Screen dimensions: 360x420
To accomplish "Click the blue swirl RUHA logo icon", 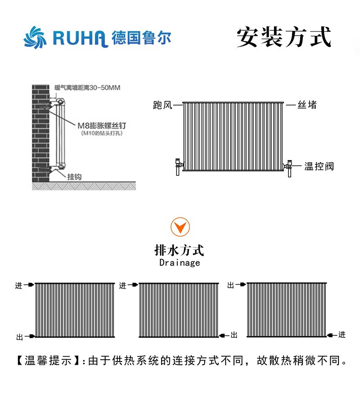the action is tap(35, 38).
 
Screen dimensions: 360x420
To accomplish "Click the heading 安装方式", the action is tap(284, 37).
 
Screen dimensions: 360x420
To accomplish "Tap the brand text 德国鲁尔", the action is tap(141, 38).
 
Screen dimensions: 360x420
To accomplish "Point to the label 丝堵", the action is tap(307, 105).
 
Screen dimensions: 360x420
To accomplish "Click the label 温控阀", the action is tap(319, 166).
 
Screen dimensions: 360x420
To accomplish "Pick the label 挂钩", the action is tap(74, 177).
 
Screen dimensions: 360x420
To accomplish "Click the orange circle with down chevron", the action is tap(180, 228).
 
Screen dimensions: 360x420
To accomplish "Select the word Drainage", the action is tap(180, 263).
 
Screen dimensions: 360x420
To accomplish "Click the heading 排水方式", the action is tap(179, 250).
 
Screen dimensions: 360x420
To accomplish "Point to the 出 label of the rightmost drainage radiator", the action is tap(231, 286).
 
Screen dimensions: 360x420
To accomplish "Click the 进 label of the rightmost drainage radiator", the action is tap(342, 335).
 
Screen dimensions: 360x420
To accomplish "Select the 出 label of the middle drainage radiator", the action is tap(234, 335).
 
